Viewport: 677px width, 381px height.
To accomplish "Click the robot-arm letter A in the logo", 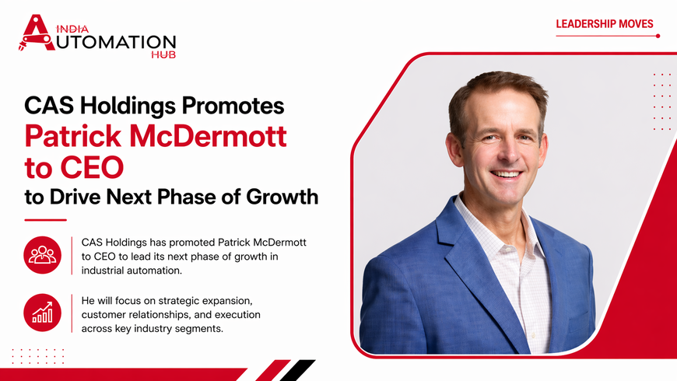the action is [37, 33].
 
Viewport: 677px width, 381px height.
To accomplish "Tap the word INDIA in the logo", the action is [72, 29].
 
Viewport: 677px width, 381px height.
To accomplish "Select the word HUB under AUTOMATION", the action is [163, 54].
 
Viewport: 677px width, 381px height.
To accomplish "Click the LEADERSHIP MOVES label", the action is [605, 24].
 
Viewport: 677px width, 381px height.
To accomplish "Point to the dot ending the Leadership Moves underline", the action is [658, 36].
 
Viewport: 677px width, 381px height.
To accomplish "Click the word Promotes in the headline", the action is [233, 106].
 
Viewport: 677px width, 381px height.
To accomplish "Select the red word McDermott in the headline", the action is [208, 136].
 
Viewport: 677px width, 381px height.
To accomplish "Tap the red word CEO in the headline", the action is [92, 167].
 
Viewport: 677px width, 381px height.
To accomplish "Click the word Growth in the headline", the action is [282, 197].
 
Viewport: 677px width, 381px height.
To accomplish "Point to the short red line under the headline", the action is [45, 220].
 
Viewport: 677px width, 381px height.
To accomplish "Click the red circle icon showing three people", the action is [42, 255].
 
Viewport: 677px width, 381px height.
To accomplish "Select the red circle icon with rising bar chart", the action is [42, 313].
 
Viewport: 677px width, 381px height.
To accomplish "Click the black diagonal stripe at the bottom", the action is [298, 370].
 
